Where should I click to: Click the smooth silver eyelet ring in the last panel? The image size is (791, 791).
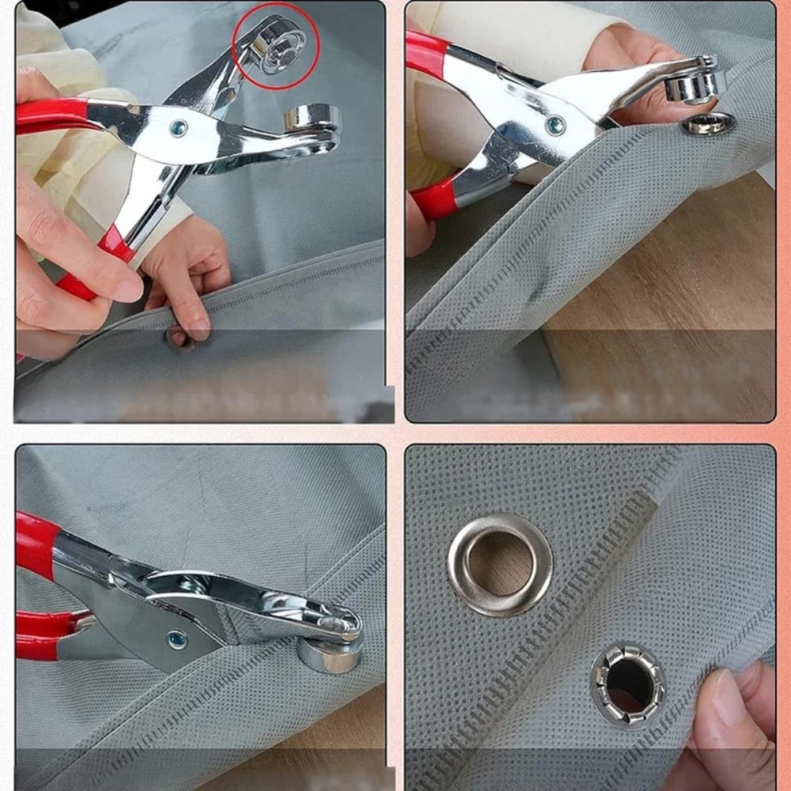[500, 563]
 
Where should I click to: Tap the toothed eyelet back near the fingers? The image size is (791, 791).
[628, 685]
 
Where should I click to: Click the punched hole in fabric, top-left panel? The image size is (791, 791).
[177, 337]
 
